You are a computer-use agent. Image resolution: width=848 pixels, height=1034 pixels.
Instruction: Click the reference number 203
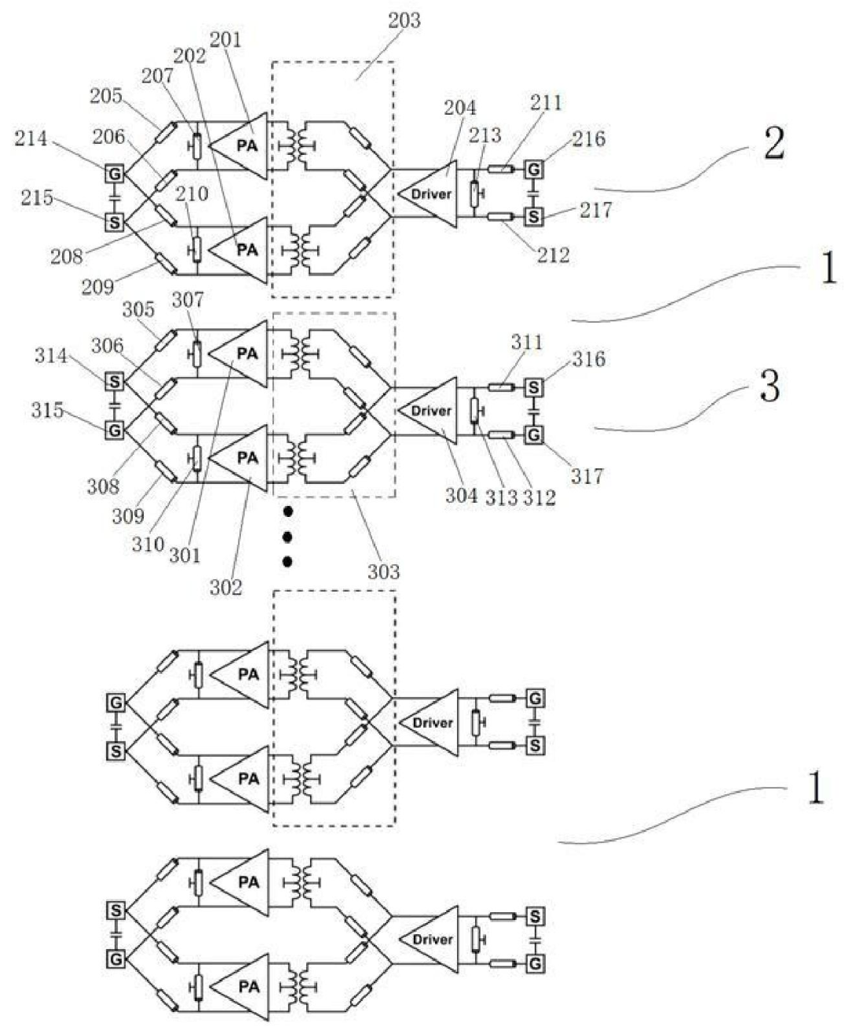(404, 20)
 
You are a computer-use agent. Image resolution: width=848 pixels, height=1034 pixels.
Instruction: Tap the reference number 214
(31, 139)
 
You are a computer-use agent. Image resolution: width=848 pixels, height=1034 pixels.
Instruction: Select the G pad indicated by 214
(115, 173)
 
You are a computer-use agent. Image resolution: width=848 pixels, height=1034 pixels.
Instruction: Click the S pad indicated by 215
(115, 222)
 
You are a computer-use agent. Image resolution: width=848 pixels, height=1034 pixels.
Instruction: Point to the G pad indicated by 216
(534, 170)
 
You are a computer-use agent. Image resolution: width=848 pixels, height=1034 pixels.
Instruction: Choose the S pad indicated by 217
(534, 216)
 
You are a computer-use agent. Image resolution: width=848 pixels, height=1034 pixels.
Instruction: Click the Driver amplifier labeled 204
(427, 193)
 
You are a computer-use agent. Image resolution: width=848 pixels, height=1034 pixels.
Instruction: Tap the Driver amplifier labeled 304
(427, 411)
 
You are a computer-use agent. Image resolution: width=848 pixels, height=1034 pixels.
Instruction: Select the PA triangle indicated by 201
(239, 145)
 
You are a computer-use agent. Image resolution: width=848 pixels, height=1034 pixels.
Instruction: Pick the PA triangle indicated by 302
(239, 458)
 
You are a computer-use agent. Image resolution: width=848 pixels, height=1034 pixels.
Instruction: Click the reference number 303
(384, 572)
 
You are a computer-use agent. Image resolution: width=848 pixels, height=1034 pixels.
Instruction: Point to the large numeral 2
(774, 145)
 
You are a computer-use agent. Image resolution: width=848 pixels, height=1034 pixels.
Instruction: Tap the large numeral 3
(769, 387)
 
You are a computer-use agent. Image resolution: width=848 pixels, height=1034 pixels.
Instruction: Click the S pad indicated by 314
(114, 381)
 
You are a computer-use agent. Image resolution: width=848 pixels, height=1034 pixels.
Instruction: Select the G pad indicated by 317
(534, 434)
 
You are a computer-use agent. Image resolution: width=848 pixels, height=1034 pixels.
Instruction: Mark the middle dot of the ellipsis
(287, 537)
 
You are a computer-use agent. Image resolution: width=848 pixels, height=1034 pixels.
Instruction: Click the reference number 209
(98, 286)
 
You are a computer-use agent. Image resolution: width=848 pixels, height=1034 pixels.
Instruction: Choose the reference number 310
(148, 544)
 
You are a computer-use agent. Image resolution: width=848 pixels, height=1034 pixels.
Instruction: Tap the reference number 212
(554, 255)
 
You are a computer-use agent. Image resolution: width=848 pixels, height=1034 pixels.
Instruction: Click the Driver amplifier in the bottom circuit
(429, 940)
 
